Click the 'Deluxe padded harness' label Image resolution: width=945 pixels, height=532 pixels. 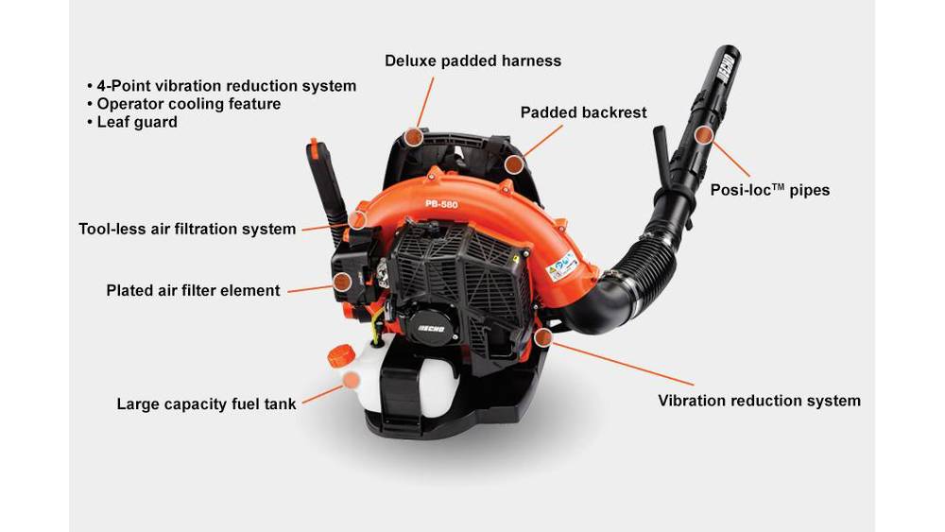click(473, 60)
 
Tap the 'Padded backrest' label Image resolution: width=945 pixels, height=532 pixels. click(583, 112)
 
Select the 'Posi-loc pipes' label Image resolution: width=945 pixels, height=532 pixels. click(769, 190)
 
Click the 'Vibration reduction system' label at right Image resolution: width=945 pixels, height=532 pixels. click(760, 401)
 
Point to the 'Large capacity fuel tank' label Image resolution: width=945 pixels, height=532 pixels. click(206, 403)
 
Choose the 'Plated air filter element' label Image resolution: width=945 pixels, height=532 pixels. click(193, 290)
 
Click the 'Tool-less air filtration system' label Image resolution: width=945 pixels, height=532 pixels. click(187, 229)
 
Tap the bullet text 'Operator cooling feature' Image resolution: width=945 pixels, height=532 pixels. click(189, 104)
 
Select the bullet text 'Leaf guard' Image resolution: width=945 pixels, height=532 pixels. click(137, 122)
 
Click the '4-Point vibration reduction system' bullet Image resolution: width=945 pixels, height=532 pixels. click(227, 86)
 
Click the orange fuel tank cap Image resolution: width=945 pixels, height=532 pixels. click(340, 355)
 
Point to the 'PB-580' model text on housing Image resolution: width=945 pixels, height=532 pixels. click(441, 204)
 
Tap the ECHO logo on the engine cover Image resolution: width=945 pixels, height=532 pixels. click(432, 328)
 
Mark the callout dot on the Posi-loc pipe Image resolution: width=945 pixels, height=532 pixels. click(703, 135)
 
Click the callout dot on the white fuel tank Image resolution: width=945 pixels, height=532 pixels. click(351, 380)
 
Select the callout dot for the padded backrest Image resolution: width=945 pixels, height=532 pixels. click(513, 163)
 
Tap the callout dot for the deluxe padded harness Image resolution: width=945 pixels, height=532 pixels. click(413, 137)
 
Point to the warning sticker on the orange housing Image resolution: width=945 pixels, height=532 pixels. click(562, 266)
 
